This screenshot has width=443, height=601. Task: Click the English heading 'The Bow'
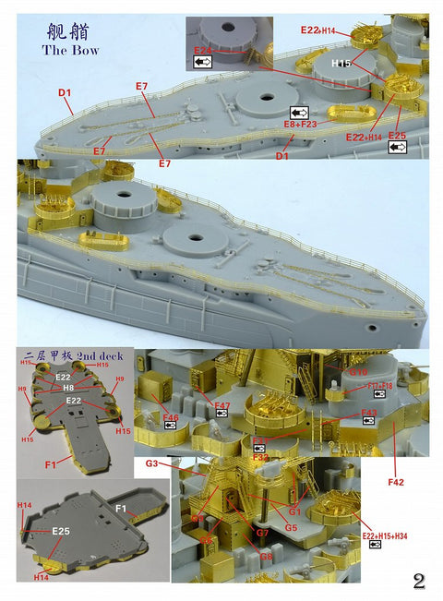(71, 50)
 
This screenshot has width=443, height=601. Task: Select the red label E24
(203, 50)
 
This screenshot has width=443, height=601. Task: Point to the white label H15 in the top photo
(342, 62)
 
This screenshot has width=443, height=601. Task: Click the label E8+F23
(301, 124)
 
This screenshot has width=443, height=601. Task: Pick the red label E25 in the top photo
(397, 136)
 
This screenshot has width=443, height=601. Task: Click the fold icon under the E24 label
(202, 62)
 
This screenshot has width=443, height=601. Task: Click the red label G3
(152, 462)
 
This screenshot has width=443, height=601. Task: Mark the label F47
(222, 405)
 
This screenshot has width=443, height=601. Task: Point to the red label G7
(262, 533)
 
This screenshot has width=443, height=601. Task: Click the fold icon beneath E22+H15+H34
(375, 546)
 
